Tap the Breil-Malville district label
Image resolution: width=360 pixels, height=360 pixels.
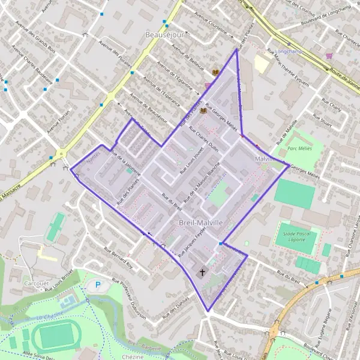click(201, 223)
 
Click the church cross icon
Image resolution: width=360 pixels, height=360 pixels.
click(202, 273)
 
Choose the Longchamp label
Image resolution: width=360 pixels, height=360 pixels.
click(291, 52)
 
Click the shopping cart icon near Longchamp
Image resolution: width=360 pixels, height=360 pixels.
click(329, 56)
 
